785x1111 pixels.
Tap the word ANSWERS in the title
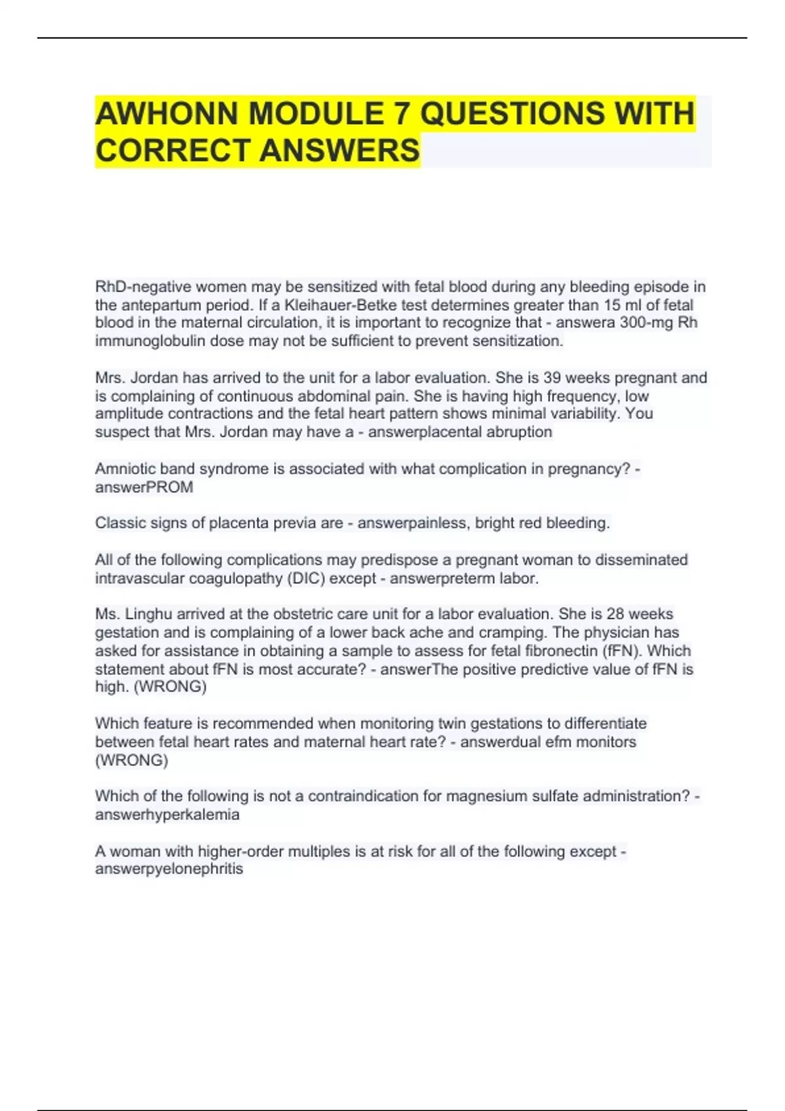pyautogui.click(x=340, y=150)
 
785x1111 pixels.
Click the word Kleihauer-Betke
pyautogui.click(x=337, y=305)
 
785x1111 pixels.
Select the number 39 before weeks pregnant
pyautogui.click(x=553, y=378)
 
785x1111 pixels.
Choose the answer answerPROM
pyautogui.click(x=144, y=487)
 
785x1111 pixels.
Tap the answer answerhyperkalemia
pyautogui.click(x=167, y=814)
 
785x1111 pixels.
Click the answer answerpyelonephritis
pyautogui.click(x=169, y=869)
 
